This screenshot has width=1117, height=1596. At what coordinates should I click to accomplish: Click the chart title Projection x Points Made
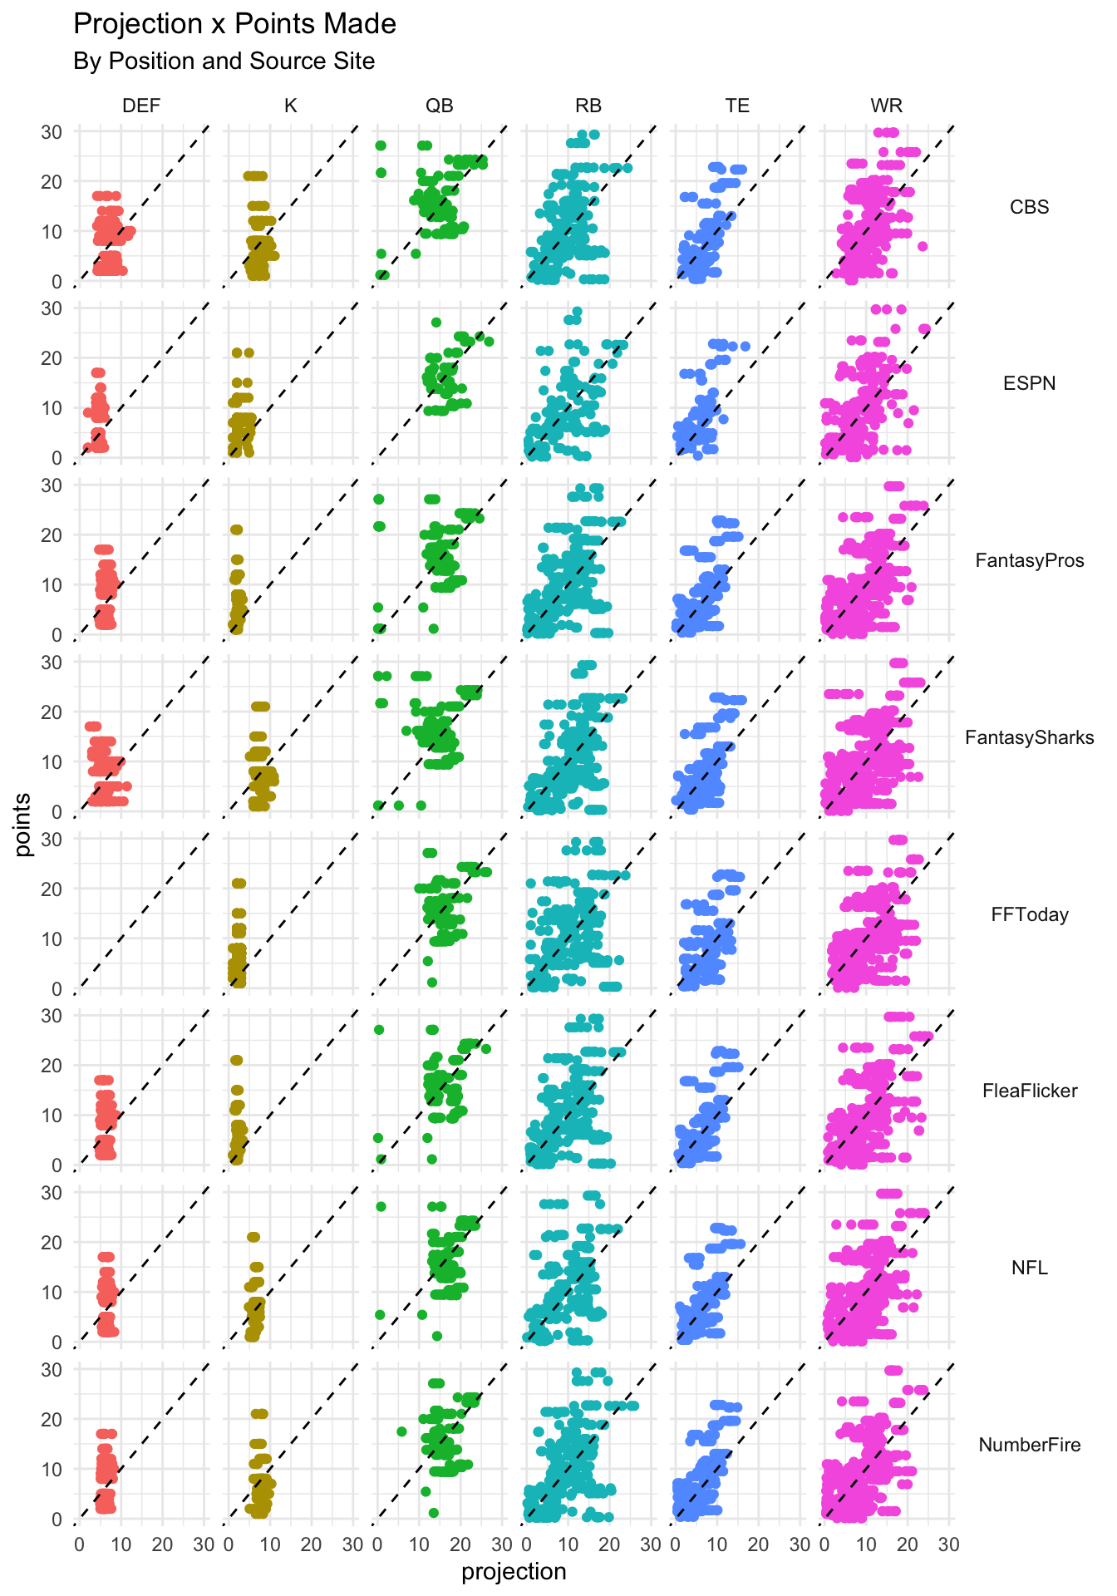(234, 24)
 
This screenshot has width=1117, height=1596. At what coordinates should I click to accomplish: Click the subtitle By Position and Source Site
(224, 62)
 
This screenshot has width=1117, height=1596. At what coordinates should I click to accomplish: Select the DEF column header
(141, 106)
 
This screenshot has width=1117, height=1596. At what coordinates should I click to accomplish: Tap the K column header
(291, 106)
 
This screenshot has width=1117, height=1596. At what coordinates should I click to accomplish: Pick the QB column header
(440, 106)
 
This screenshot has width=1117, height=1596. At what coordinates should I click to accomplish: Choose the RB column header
(588, 106)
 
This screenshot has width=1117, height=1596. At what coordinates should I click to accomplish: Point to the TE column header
(737, 106)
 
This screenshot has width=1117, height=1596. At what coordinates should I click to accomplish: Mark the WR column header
(886, 106)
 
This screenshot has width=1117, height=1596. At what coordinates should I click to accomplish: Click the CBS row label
(1029, 207)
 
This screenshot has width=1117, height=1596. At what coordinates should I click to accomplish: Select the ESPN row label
(1029, 383)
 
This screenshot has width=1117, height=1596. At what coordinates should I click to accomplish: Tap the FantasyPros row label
(1029, 560)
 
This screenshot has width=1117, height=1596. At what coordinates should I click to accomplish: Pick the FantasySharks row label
(1029, 737)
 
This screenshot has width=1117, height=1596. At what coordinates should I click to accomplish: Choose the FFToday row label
(1029, 914)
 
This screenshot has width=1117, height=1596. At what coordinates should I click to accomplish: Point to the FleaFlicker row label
(1029, 1091)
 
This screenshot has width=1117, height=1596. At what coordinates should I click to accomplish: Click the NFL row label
(1029, 1268)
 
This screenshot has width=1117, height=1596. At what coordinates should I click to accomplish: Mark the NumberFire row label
(1029, 1445)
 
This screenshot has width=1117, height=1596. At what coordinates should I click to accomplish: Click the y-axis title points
(23, 825)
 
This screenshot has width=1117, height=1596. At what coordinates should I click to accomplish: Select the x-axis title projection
(514, 1572)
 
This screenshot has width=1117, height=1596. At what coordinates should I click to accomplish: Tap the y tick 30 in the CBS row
(52, 131)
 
